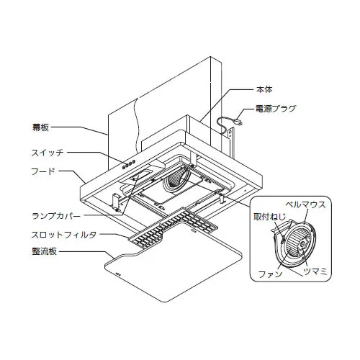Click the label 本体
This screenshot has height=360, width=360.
click(x=264, y=89)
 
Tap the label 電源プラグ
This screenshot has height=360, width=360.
click(x=276, y=109)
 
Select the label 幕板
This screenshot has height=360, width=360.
click(x=40, y=127)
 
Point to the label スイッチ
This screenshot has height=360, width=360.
click(x=48, y=153)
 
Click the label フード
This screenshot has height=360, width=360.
click(x=43, y=171)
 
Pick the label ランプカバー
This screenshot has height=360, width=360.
click(x=56, y=216)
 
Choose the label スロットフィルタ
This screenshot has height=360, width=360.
click(x=64, y=235)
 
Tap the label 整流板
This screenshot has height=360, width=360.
click(x=45, y=251)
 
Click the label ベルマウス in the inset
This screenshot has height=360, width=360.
click(x=305, y=204)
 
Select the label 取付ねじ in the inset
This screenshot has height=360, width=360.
click(x=270, y=217)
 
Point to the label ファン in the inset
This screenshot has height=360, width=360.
click(x=270, y=274)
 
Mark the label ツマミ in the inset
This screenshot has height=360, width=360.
click(x=315, y=271)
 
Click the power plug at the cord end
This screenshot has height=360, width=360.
click(x=239, y=122)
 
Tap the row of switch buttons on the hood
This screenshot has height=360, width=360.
click(x=128, y=164)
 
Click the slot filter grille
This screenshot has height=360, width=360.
click(x=174, y=228)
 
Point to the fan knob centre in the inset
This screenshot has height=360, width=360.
click(x=303, y=245)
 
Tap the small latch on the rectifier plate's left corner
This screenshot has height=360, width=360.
click(x=118, y=274)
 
